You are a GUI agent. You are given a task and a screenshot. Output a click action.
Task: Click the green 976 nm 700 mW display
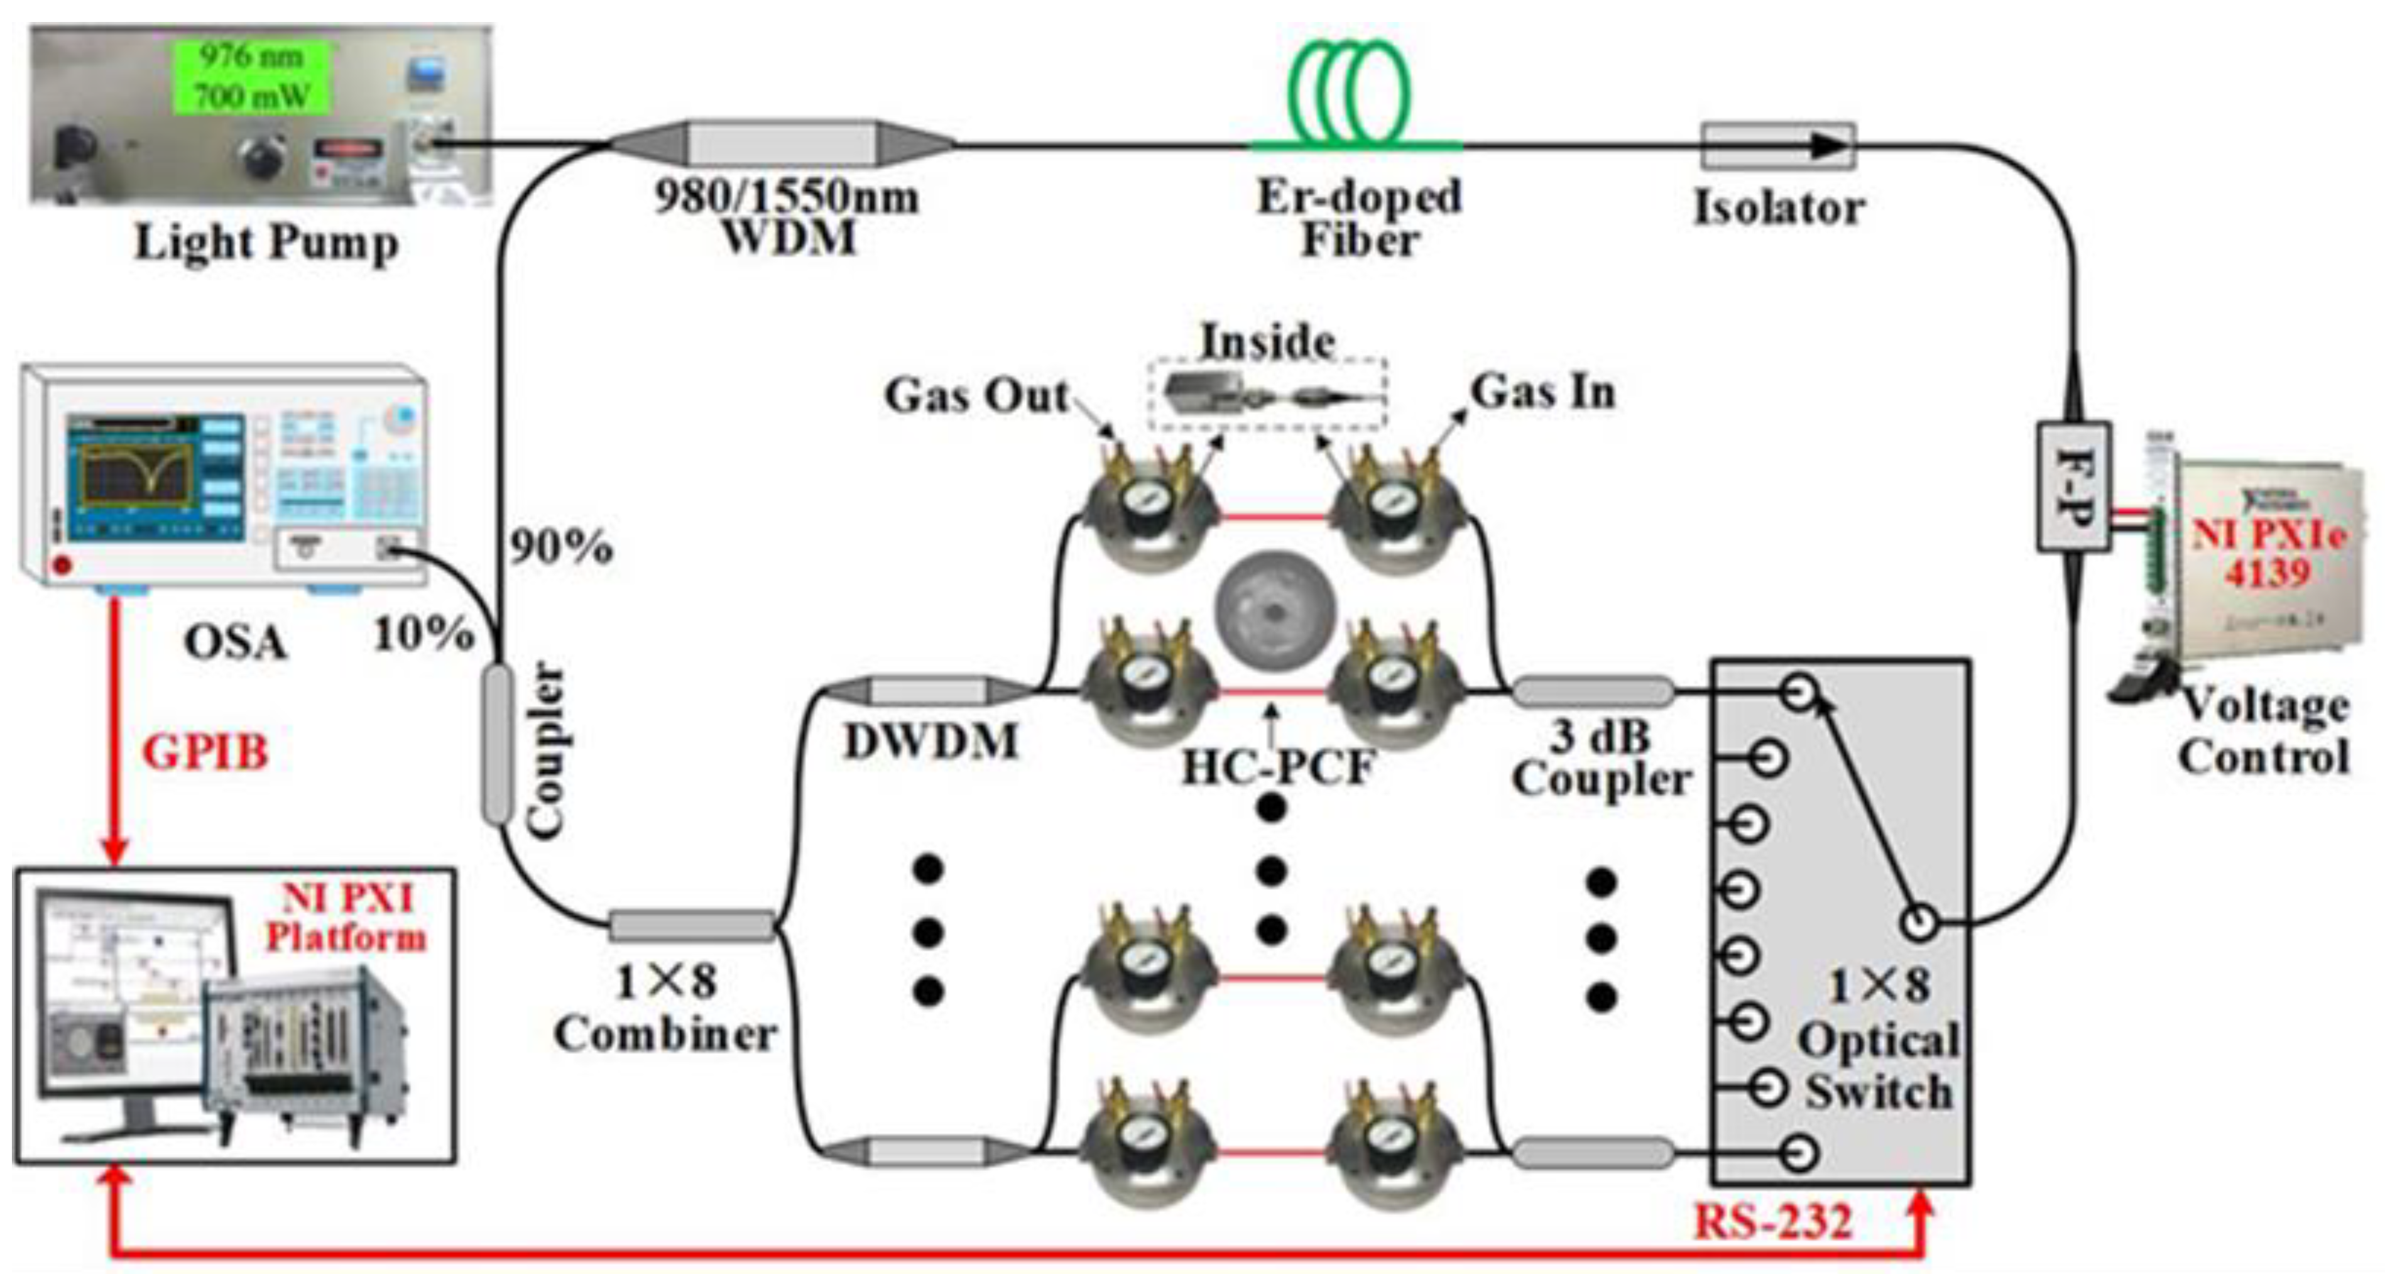tap(253, 76)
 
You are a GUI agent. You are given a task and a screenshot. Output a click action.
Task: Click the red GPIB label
tap(205, 752)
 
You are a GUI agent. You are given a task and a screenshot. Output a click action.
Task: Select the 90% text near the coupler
tap(561, 547)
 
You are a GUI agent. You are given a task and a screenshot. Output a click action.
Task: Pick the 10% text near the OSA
tap(423, 634)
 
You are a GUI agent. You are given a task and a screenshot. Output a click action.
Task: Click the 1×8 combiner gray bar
tap(690, 925)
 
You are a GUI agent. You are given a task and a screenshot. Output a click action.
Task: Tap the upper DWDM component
tap(927, 691)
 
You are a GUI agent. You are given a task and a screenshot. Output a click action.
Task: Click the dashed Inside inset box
tap(1267, 393)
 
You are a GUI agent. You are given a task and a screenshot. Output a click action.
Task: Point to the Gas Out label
tap(977, 396)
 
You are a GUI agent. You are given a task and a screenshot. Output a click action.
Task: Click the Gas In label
tap(1543, 392)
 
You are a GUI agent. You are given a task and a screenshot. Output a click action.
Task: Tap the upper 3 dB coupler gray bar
tap(1593, 691)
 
